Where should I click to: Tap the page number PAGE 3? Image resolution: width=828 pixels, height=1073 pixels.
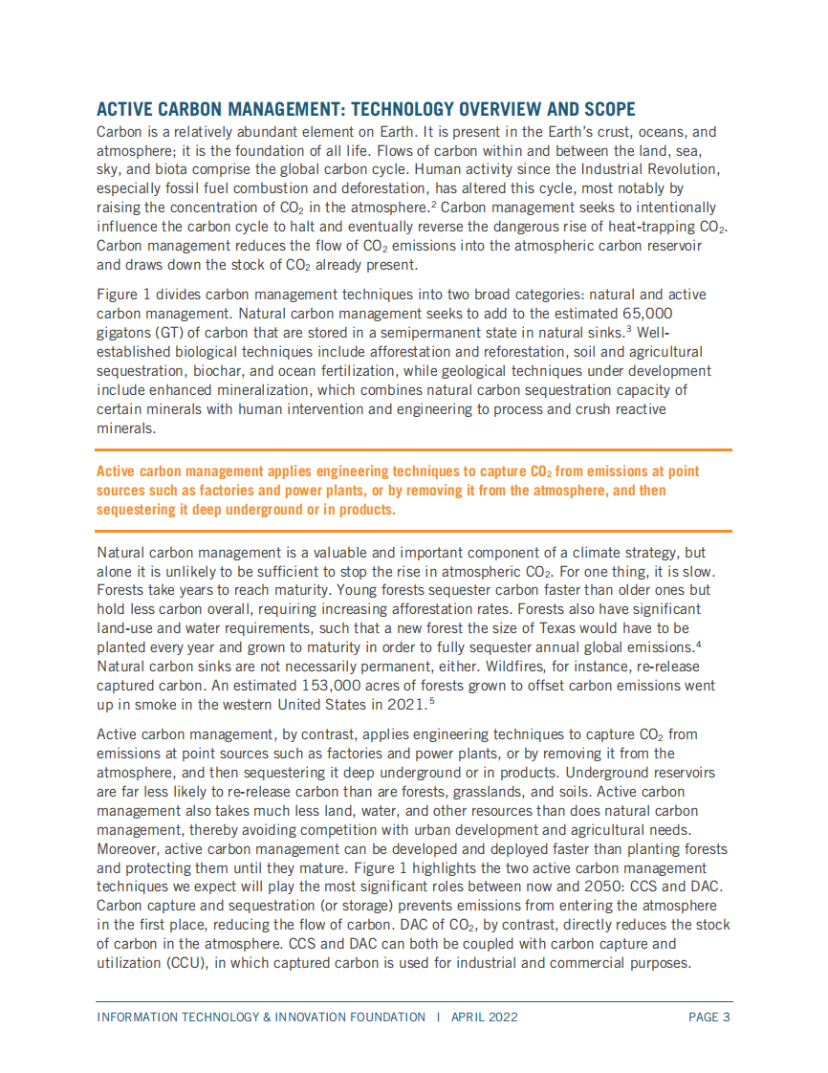(x=709, y=1017)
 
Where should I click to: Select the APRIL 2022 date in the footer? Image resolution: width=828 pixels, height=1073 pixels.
(x=485, y=1017)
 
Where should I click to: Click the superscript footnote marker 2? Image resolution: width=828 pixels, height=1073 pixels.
(x=432, y=204)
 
